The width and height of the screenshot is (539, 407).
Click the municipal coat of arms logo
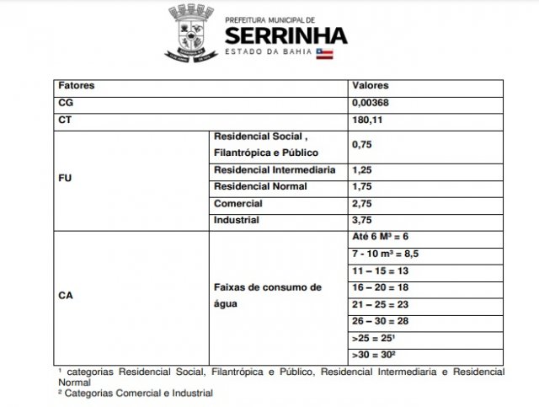(191, 33)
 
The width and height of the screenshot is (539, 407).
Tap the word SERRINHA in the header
(286, 35)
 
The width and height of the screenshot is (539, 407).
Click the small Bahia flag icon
(324, 53)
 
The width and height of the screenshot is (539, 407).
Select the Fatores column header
(77, 86)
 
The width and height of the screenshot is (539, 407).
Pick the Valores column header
(370, 86)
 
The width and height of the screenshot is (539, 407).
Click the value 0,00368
(371, 103)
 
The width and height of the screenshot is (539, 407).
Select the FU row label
(65, 179)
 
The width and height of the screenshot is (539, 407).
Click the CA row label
(66, 297)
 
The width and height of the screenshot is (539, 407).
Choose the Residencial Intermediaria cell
(275, 170)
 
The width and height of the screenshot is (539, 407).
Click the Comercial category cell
(238, 204)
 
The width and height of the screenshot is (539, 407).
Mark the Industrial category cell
(237, 221)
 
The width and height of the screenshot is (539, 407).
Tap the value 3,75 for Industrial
(362, 221)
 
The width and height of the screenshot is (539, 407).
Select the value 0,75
(362, 145)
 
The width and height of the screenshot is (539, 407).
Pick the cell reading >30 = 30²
(375, 355)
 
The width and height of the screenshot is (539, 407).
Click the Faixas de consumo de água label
(267, 296)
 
